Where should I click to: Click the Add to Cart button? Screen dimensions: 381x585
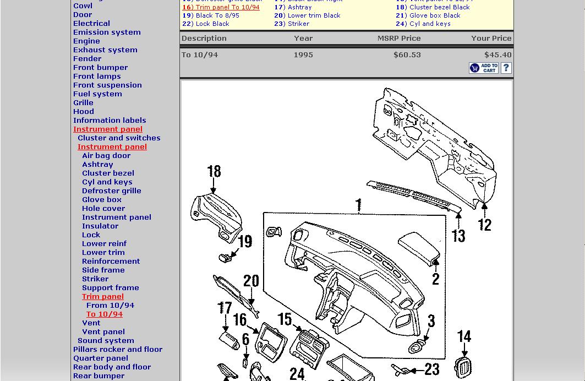(x=483, y=68)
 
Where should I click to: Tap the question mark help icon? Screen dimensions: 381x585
(x=506, y=68)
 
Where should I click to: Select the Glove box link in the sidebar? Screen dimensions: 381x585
(x=102, y=200)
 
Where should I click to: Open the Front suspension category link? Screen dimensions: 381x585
(x=107, y=85)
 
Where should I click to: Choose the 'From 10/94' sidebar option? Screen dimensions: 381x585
(x=110, y=306)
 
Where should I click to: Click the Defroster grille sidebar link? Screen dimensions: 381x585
(x=112, y=191)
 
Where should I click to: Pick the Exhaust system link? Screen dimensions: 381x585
(x=105, y=50)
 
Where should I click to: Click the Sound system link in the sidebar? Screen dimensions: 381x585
(x=106, y=341)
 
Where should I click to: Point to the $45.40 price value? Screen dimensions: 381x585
(x=498, y=55)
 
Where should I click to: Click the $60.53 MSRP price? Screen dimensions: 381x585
(x=407, y=55)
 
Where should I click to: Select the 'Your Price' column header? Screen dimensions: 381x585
(x=491, y=39)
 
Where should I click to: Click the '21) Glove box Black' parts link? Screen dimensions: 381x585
(x=428, y=16)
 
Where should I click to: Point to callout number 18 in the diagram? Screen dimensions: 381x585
(x=214, y=172)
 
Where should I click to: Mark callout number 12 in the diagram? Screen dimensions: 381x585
(x=485, y=224)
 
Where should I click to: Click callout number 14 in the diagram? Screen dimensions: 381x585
(x=464, y=336)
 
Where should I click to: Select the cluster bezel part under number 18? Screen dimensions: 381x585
(x=216, y=212)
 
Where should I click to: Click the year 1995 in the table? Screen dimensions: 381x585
(x=303, y=55)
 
